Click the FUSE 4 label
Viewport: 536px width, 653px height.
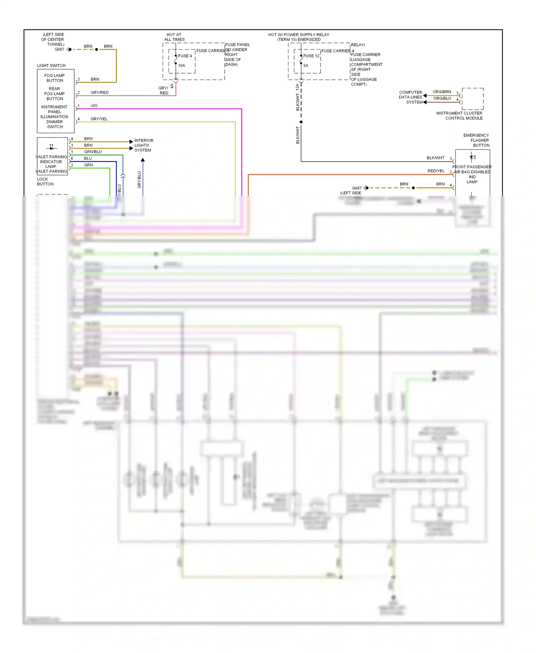pyautogui.click(x=185, y=56)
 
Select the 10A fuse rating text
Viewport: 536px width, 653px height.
pyautogui.click(x=182, y=66)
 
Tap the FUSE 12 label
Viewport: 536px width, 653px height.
pyautogui.click(x=311, y=56)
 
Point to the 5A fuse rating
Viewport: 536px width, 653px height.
pyautogui.click(x=306, y=66)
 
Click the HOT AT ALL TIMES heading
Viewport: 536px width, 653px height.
pyautogui.click(x=174, y=37)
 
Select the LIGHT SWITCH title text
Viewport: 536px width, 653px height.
pyautogui.click(x=51, y=66)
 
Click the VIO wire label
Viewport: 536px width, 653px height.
pyautogui.click(x=94, y=106)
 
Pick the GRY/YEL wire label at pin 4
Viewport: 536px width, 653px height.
pyautogui.click(x=99, y=119)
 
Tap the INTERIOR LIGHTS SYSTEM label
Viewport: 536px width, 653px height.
pyautogui.click(x=143, y=145)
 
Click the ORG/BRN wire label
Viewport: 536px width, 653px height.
pyautogui.click(x=442, y=92)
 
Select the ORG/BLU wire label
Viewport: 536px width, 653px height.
pyautogui.click(x=442, y=99)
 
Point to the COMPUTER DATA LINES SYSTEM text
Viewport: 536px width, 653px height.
pyautogui.click(x=411, y=97)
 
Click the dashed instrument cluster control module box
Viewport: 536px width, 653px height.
pyautogui.click(x=472, y=99)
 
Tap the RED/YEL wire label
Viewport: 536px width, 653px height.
pyautogui.click(x=436, y=171)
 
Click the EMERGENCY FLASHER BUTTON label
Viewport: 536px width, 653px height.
pyautogui.click(x=476, y=140)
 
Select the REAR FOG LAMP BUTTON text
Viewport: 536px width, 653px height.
pyautogui.click(x=54, y=94)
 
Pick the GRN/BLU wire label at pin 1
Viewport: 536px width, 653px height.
pyautogui.click(x=93, y=152)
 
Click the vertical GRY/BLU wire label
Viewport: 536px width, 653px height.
pyautogui.click(x=139, y=180)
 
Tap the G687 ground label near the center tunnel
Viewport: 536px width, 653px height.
pyautogui.click(x=59, y=49)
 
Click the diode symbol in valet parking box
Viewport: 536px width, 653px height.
pyautogui.click(x=51, y=148)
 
